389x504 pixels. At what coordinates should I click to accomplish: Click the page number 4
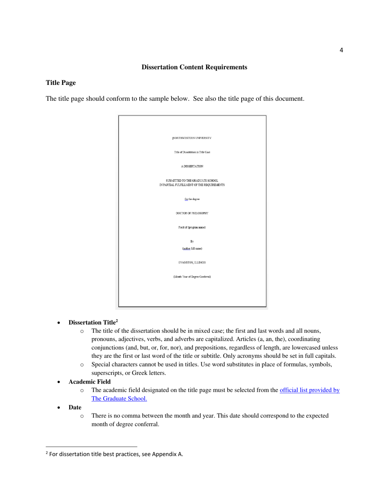click(x=341, y=50)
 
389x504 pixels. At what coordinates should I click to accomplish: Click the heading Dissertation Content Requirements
click(x=194, y=67)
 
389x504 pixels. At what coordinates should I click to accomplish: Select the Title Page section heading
click(x=61, y=83)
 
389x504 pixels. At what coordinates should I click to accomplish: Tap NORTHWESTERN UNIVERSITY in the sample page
click(x=192, y=138)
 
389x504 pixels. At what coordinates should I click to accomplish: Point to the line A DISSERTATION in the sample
click(x=192, y=166)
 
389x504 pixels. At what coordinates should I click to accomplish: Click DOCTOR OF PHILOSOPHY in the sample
click(x=192, y=213)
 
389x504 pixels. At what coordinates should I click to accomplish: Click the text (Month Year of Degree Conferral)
click(x=192, y=277)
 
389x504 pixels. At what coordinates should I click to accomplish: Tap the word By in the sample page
click(x=192, y=241)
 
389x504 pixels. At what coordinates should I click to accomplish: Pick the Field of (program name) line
click(x=192, y=227)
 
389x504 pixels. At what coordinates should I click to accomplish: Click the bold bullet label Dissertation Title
click(x=92, y=322)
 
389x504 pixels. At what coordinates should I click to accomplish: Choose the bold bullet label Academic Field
click(x=89, y=381)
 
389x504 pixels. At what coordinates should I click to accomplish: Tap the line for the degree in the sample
click(x=192, y=199)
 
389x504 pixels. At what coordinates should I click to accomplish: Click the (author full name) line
click(x=192, y=248)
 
